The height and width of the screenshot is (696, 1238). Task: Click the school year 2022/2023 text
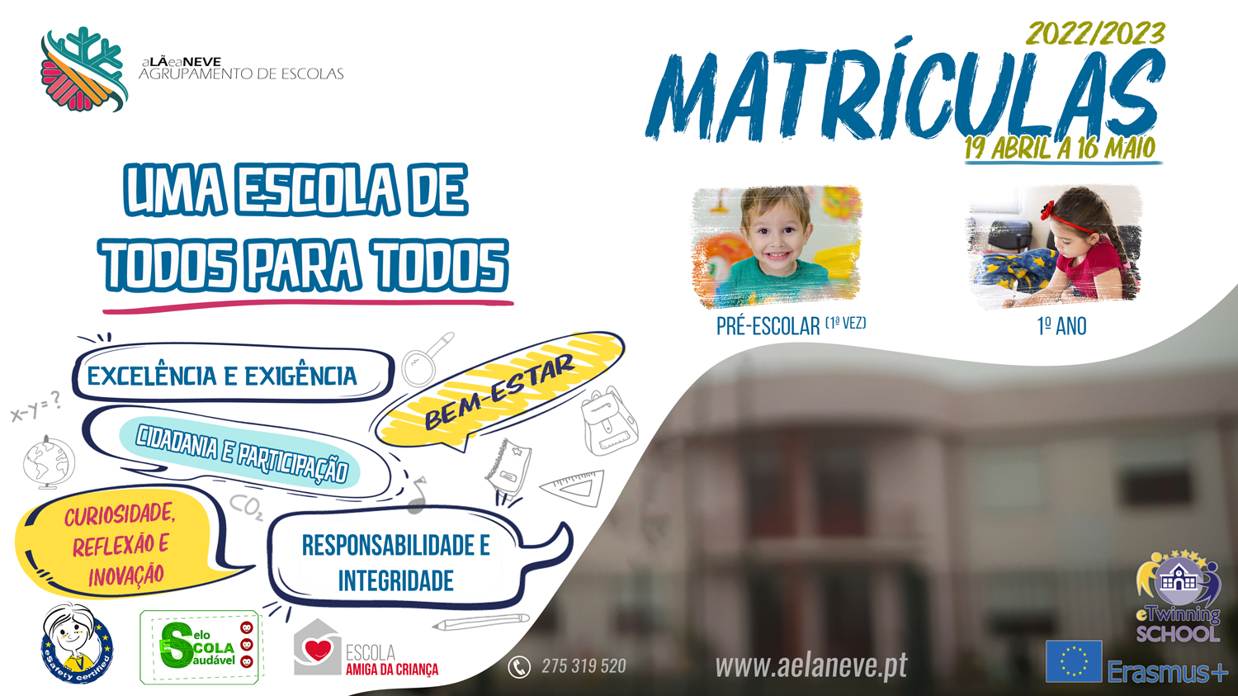coord(1095,34)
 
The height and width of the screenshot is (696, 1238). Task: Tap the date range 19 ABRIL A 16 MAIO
coord(1061,148)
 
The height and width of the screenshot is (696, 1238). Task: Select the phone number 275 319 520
coord(584,666)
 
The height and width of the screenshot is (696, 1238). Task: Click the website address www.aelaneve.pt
coord(811,666)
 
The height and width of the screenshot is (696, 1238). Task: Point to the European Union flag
coord(1074,661)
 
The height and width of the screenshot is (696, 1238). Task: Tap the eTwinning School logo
coord(1179,596)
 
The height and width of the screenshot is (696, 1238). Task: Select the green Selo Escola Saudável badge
coord(201,646)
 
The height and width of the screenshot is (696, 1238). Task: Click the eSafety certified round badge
coord(77,644)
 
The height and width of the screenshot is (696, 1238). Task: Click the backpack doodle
coord(609,421)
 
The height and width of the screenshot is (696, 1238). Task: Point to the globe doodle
coord(49,462)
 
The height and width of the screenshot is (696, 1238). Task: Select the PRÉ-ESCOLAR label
coord(768,326)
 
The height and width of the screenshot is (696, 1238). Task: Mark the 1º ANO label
coord(1061,326)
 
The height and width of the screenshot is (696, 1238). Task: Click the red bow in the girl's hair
coord(1047,209)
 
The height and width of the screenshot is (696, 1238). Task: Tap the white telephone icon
coord(519,667)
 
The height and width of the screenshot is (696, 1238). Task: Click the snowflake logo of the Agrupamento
coord(84,69)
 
